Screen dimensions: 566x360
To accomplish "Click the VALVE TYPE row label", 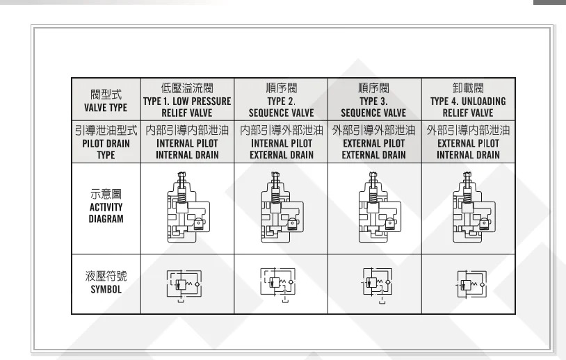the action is [x=106, y=101].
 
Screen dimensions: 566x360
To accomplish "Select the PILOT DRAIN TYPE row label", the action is [x=106, y=142].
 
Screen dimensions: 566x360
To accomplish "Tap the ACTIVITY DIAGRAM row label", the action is [x=106, y=206].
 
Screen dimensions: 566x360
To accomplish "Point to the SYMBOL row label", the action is [x=106, y=281].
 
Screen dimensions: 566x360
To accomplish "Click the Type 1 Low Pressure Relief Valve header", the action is [x=187, y=100].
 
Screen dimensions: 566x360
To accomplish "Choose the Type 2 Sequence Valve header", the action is [x=281, y=100].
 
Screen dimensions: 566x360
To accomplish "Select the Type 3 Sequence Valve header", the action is [x=373, y=100].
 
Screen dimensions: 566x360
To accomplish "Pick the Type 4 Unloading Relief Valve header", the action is [x=468, y=100].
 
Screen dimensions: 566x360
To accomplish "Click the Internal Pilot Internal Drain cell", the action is [x=187, y=142].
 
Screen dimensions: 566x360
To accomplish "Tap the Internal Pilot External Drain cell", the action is [x=281, y=142].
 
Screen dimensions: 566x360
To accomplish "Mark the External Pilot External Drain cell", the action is [x=373, y=142].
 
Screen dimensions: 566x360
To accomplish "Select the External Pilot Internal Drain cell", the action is [x=468, y=142].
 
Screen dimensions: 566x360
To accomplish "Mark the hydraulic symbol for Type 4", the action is [x=472, y=284].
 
